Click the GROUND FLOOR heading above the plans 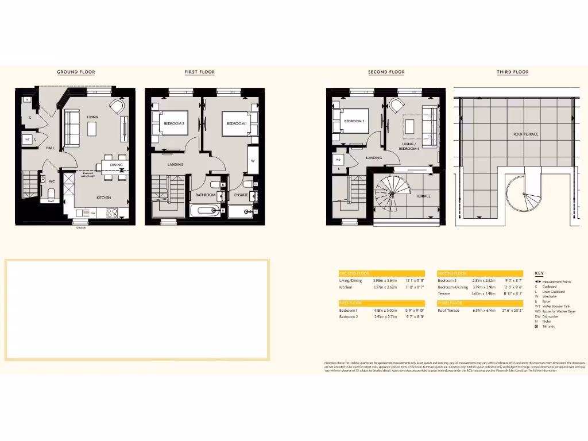76,72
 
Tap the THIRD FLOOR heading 513,72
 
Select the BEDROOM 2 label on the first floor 174,124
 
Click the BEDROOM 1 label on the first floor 236,124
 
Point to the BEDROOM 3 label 354,121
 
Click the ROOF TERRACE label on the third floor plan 525,134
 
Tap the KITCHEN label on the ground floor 104,198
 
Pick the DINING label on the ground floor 117,165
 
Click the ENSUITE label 241,195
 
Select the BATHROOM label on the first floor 205,195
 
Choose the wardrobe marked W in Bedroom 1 252,161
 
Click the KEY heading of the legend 539,274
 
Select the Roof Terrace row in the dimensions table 459,310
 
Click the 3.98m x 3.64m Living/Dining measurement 385,280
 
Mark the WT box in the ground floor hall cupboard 27,139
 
